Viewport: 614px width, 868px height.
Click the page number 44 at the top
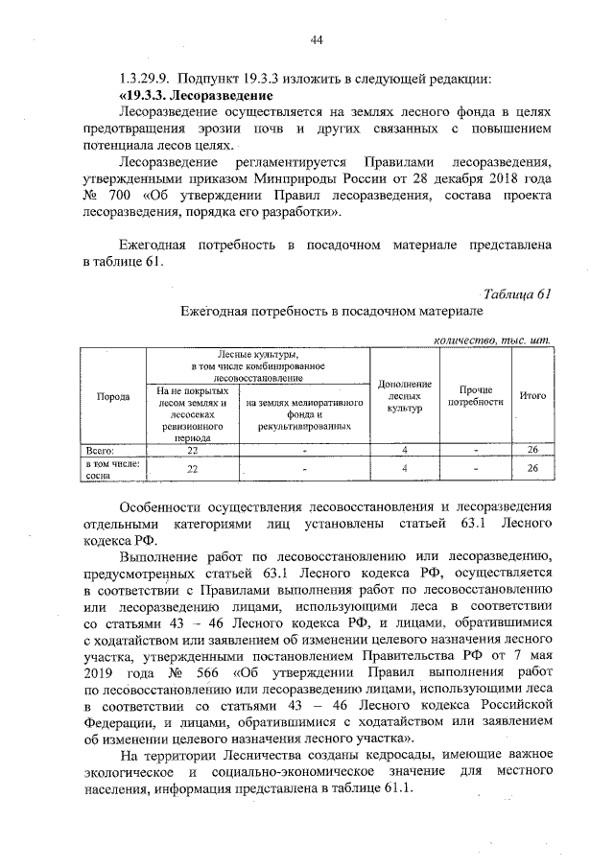(316, 38)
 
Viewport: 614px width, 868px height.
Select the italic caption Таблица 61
(518, 293)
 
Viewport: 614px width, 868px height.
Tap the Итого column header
(532, 394)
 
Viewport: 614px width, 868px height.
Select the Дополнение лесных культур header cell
(405, 395)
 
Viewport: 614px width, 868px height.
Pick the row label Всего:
(102, 449)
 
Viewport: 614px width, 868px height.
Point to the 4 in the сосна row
(405, 468)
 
